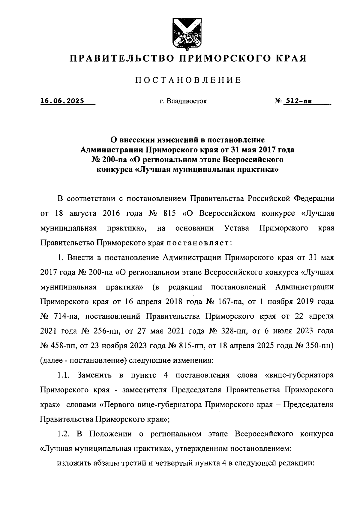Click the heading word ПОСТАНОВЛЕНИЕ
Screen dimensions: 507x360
[188, 80]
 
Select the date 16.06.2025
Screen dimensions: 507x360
[62, 101]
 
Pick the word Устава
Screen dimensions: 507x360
[237, 228]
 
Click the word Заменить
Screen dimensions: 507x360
[94, 375]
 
